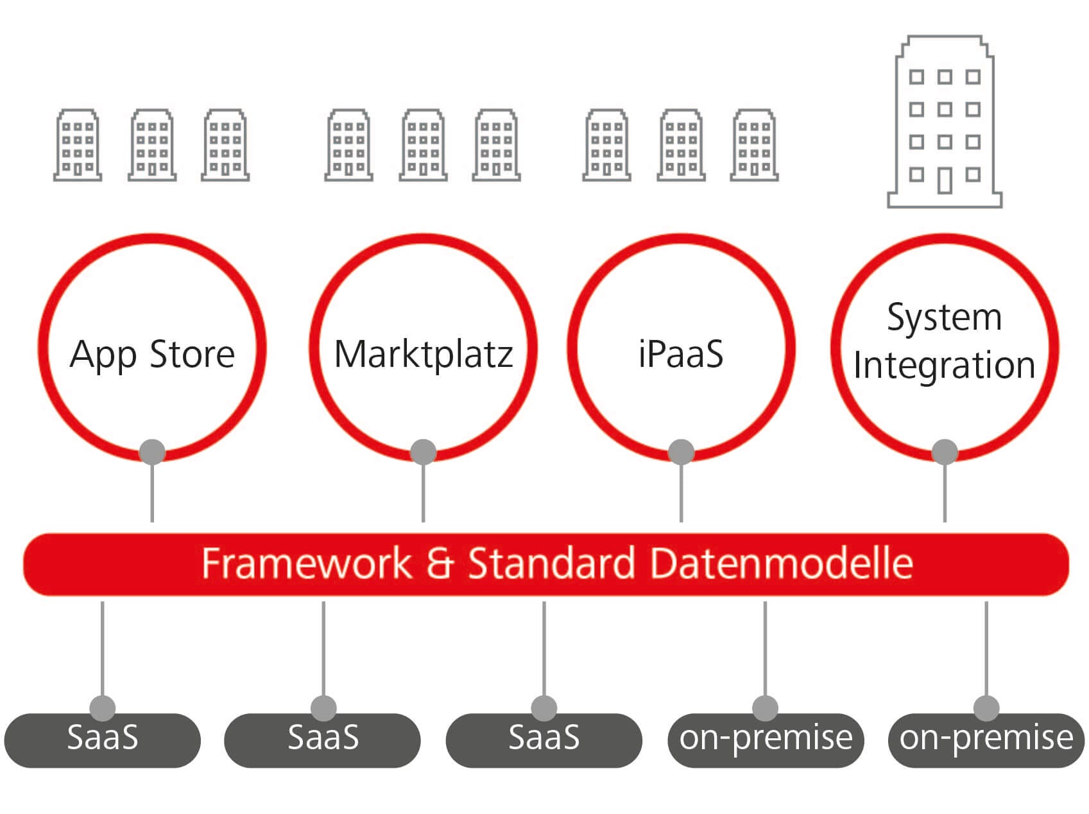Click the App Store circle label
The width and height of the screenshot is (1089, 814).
[152, 354]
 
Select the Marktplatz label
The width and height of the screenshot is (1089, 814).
[424, 354]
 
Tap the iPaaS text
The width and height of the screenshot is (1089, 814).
[681, 354]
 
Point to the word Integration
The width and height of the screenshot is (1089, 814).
[944, 366]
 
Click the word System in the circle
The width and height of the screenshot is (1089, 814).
[944, 318]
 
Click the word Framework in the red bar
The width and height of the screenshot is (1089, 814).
[306, 563]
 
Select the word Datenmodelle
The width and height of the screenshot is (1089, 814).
[781, 563]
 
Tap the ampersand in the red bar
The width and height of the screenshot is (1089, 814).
[440, 563]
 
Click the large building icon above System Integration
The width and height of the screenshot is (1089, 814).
[944, 122]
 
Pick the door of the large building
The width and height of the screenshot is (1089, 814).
[945, 180]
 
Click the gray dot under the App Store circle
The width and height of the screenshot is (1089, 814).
[152, 452]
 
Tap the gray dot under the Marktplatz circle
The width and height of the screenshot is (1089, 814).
[423, 452]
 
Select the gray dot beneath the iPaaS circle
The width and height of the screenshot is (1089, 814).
[681, 452]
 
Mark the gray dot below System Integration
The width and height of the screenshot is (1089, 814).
[945, 452]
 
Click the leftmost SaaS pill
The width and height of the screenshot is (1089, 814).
[103, 740]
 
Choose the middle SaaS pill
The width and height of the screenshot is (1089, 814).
[323, 740]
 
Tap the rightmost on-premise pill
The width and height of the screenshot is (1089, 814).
[986, 740]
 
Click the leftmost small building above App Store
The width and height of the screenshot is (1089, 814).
[78, 145]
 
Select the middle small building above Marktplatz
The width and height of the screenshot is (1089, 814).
[423, 145]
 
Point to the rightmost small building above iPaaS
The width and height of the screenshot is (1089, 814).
[754, 145]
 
